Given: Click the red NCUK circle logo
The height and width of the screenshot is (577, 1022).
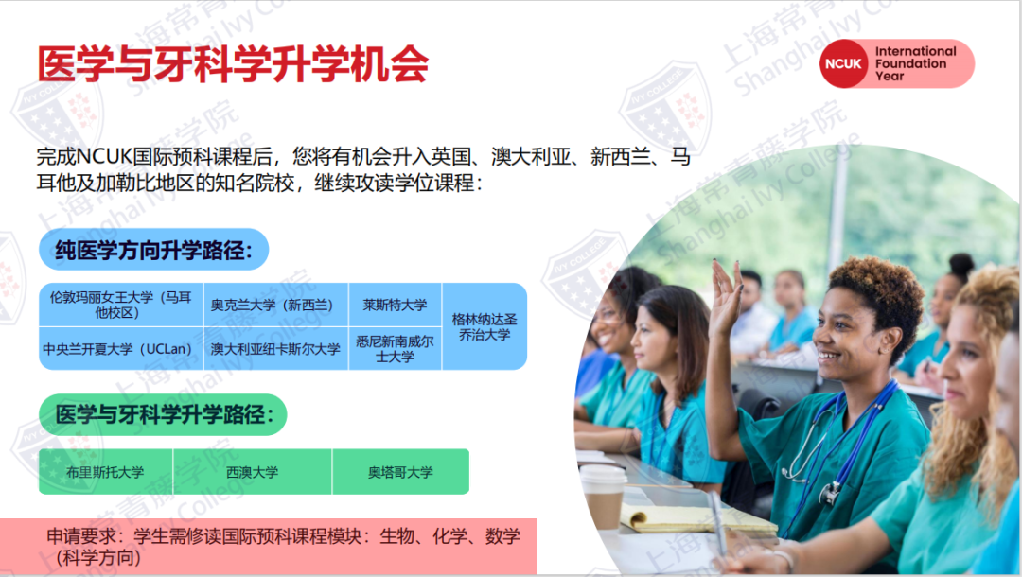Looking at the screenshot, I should click(844, 64).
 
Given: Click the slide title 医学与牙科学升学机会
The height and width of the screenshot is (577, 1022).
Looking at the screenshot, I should click(233, 64).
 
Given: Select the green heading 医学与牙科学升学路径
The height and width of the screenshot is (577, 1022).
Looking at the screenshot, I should click(162, 414).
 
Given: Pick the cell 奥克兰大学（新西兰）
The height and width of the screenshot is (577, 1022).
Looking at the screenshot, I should click(275, 305).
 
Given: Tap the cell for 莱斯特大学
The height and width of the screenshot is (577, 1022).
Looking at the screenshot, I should click(395, 305).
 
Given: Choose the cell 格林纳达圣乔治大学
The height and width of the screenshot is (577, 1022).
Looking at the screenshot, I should click(485, 326).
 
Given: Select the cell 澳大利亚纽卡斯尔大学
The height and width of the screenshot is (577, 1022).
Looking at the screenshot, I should click(275, 349).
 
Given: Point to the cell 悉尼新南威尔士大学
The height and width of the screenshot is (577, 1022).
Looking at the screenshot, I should click(395, 349).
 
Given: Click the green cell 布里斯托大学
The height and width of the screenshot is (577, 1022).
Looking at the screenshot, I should click(105, 472).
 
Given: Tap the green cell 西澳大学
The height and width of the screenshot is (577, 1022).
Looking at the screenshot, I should click(253, 472).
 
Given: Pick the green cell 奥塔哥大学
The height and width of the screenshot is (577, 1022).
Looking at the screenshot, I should click(400, 472).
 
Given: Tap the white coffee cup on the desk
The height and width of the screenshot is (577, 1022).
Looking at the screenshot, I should click(602, 497).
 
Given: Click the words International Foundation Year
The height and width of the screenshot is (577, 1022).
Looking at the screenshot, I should click(915, 63).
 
